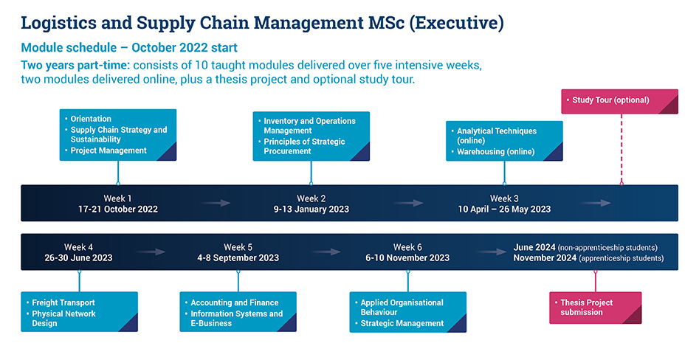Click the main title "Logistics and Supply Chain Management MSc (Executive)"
click(262, 23)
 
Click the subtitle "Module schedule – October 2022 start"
click(129, 48)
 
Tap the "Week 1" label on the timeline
click(118, 198)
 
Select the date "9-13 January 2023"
click(311, 210)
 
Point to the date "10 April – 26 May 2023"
click(504, 210)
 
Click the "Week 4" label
click(79, 247)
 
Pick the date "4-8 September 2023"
click(238, 258)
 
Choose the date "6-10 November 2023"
click(407, 258)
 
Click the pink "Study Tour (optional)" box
click(619, 100)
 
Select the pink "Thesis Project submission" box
click(595, 308)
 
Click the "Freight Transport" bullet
click(63, 302)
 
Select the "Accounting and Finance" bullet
click(234, 302)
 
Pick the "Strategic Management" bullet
click(402, 323)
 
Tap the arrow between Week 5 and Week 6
click(326, 252)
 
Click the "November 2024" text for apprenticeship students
click(545, 258)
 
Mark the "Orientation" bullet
click(91, 119)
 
